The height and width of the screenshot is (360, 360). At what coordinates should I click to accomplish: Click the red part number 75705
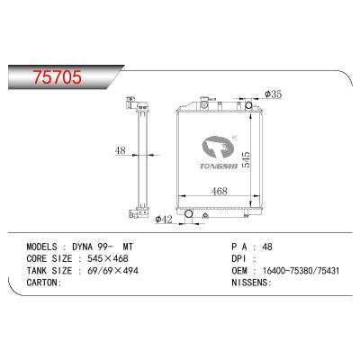coord(57,77)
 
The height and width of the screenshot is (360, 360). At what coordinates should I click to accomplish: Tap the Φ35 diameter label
coord(274,94)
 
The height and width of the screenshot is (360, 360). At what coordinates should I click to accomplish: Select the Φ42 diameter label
coord(164,220)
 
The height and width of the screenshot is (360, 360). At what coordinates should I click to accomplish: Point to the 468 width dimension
coord(220,191)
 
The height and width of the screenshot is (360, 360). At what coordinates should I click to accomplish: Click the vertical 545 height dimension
coord(246,159)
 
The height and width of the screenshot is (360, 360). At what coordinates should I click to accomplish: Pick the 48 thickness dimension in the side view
coord(120,150)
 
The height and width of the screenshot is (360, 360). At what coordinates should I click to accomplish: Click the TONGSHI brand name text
coord(219,166)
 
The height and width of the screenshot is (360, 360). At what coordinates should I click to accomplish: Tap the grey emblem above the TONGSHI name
coord(218,147)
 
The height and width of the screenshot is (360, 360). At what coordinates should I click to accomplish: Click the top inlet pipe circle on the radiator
coord(249,105)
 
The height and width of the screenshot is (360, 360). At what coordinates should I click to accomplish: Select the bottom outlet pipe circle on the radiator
coord(189,213)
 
